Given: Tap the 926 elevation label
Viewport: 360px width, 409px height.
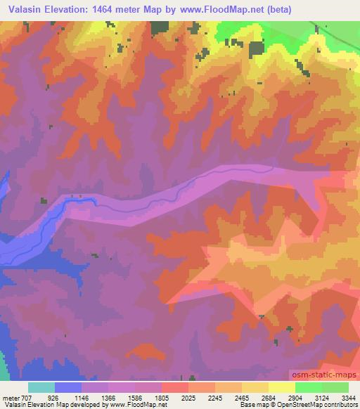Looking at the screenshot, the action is [53, 398].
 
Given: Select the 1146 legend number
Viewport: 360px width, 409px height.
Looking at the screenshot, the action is [81, 398].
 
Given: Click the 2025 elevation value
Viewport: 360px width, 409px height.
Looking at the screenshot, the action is [188, 398].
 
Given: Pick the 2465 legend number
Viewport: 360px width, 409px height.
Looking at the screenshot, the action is [241, 398].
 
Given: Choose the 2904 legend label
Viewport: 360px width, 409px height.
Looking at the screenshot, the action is [295, 398].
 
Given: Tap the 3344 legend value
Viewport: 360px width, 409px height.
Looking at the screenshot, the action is [348, 398].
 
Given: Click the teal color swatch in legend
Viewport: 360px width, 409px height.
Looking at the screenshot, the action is [41, 387].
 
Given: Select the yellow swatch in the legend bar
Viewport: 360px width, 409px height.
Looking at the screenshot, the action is [281, 387].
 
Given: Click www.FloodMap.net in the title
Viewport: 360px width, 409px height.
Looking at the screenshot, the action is [215, 10].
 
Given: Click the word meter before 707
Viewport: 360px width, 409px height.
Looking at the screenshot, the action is [11, 398].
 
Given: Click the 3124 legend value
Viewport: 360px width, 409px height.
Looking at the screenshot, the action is [321, 398].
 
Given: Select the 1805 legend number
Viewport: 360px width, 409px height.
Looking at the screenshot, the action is [161, 398].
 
